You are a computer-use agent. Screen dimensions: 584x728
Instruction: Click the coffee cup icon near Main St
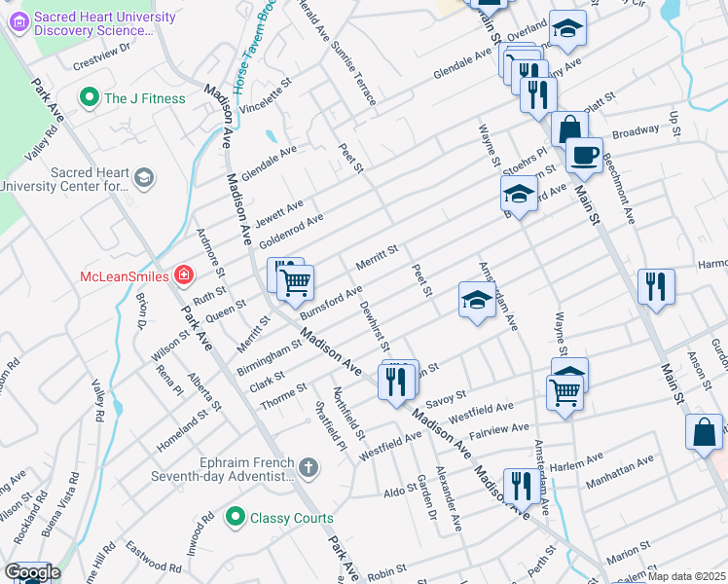point(584,155)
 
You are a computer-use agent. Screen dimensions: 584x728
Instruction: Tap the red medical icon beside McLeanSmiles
point(183,276)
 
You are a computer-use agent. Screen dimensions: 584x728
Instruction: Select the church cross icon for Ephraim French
point(309,469)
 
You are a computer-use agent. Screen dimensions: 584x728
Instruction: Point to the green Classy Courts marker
point(234,518)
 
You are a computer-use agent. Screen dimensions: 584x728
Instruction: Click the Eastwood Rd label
point(153,563)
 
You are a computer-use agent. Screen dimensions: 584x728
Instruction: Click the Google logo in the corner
point(31,572)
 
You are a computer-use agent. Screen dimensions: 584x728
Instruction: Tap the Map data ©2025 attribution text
point(686,576)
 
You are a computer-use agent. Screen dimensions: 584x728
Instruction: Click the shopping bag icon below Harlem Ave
point(704,432)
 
